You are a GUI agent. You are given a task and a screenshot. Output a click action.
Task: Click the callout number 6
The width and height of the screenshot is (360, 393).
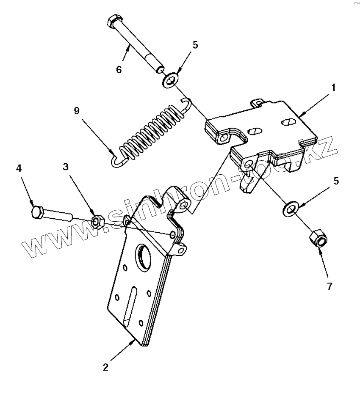click(119, 69)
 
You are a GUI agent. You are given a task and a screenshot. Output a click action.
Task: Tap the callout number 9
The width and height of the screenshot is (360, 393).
click(77, 111)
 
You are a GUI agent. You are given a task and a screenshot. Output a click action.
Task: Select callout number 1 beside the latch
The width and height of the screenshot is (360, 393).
click(333, 88)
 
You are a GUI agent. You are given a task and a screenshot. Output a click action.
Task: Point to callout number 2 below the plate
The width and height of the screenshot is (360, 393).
click(106, 366)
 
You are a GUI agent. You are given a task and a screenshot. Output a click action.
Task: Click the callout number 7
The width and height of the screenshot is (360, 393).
click(329, 286)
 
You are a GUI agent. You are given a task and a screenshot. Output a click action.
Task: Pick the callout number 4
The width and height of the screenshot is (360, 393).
click(19, 168)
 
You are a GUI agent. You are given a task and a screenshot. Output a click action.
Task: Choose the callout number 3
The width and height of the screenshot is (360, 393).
click(66, 167)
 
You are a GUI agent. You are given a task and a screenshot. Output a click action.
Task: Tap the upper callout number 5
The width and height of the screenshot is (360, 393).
click(195, 45)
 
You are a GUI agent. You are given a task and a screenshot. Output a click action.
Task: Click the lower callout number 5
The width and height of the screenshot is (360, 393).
click(336, 181)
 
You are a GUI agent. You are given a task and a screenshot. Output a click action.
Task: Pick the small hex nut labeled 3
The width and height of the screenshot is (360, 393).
click(97, 221)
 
